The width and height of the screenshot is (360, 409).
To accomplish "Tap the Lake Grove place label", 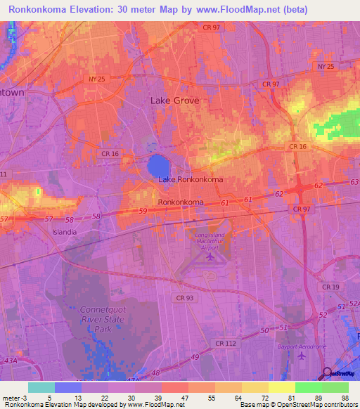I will pos(175,100).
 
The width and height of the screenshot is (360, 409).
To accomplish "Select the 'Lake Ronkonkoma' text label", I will pos(191,180).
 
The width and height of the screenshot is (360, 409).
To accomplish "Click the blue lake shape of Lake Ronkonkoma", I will pos(158,167).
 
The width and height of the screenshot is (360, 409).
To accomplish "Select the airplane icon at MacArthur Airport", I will pos(210,257).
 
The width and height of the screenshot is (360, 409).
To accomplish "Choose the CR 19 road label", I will pos(330,287).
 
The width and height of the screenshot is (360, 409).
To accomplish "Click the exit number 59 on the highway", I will pos(143,211).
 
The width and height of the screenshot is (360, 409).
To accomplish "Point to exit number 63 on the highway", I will pos(353,182).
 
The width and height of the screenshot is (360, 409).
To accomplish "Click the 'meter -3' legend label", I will pos(15,396).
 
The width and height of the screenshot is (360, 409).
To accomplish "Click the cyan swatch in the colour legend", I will pos(41,387).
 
